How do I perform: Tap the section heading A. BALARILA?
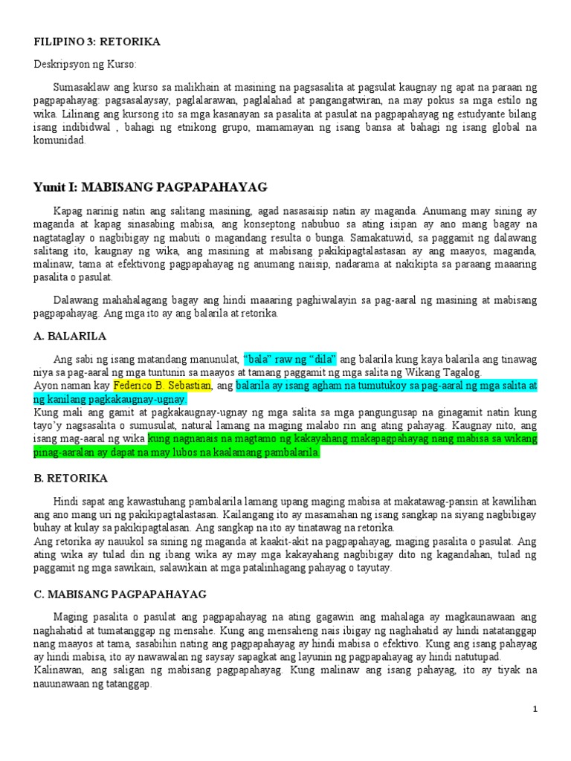[x=71, y=336]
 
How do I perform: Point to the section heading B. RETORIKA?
[x=71, y=478]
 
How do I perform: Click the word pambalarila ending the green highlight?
[x=283, y=453]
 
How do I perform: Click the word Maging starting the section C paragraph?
[x=70, y=616]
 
